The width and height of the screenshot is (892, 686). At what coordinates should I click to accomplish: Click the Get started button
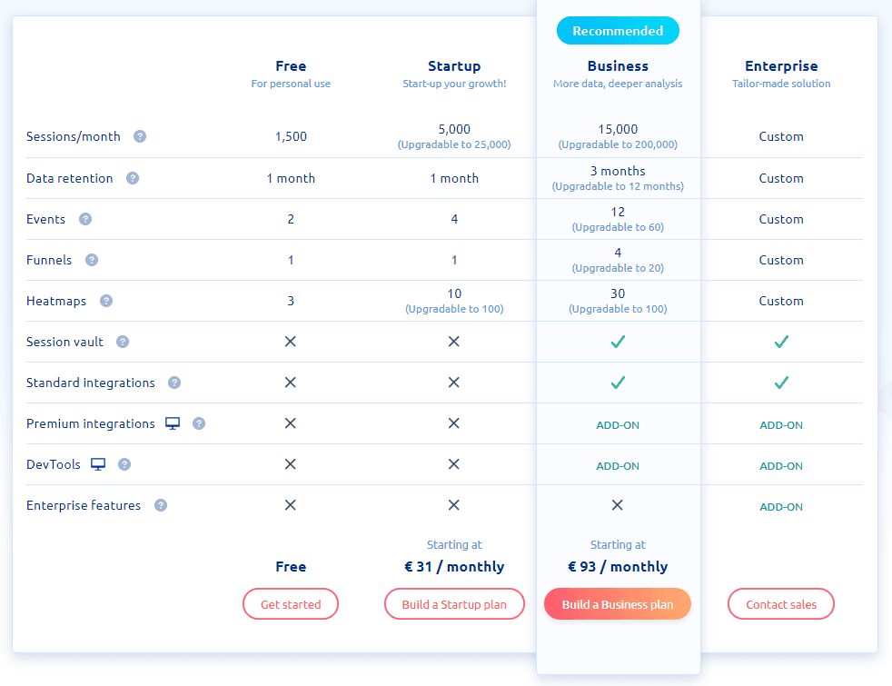[291, 604]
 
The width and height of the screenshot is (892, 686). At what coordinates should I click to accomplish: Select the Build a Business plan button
[618, 604]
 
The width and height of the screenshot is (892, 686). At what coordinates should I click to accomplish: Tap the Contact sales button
[781, 604]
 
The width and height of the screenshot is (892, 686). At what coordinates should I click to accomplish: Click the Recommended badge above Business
[618, 31]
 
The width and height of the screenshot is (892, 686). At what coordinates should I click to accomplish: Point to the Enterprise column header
[781, 66]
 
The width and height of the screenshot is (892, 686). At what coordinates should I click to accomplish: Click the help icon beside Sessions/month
[140, 136]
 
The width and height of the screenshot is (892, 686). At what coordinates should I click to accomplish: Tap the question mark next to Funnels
[92, 260]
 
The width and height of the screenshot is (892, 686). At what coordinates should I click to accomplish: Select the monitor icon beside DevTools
[98, 464]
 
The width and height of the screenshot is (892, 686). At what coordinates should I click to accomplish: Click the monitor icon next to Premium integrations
[173, 423]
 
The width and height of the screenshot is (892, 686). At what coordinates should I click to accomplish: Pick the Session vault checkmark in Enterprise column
[781, 342]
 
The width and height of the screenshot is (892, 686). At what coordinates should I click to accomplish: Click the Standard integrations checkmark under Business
[618, 383]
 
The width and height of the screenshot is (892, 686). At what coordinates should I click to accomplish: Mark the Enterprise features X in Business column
[618, 505]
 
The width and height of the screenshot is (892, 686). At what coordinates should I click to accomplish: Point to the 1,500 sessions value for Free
[291, 136]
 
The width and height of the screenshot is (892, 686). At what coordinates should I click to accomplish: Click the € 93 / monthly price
[618, 567]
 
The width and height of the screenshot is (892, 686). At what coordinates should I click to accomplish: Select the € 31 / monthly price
[454, 567]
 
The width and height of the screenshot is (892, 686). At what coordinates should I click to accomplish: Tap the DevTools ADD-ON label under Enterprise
[781, 466]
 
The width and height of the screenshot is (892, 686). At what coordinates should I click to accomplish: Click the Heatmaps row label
[56, 301]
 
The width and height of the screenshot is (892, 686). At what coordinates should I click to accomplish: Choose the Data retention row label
[70, 178]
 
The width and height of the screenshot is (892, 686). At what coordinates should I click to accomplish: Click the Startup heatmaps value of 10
[454, 293]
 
